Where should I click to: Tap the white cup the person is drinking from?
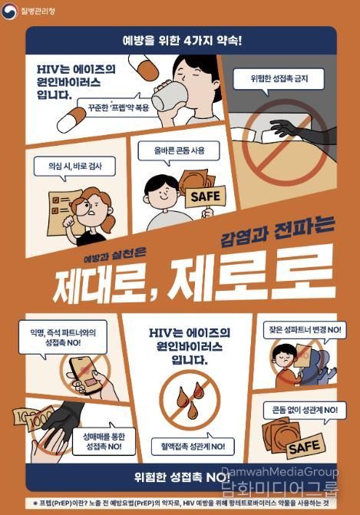pos(168,97)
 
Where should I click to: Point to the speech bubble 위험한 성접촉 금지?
pos(277,78)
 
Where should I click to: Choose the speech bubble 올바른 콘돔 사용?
pos(179,151)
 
